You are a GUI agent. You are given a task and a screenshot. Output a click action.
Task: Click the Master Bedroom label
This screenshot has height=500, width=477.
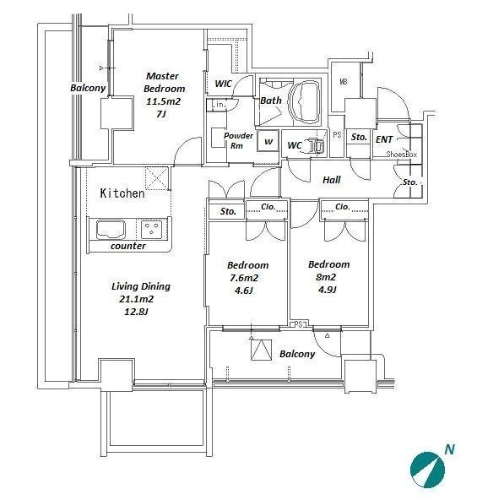pos(164,82)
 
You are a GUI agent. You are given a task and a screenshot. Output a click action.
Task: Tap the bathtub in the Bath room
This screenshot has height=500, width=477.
pos(305,101)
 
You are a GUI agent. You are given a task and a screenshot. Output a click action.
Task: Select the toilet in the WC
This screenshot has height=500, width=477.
pos(317,145)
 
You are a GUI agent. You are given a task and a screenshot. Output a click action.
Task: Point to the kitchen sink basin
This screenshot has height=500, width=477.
pos(111,229)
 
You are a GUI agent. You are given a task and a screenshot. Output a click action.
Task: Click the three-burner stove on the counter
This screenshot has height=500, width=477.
pos(151,229)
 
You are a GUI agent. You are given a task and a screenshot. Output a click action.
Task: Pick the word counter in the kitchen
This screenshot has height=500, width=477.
pos(128,246)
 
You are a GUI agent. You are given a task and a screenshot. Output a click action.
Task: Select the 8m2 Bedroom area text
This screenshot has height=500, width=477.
pos(326,277)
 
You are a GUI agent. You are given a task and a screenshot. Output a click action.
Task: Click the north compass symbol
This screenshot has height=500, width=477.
pos(427,470)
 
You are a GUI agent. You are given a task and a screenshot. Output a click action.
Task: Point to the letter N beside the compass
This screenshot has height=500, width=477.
pos(450,449)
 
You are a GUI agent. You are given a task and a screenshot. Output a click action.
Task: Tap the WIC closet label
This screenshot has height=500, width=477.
pos(224,84)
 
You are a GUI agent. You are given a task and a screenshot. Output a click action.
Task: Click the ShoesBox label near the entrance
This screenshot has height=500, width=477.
pos(401,155)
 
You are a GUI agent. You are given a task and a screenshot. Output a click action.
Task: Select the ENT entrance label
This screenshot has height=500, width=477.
pos(384,139)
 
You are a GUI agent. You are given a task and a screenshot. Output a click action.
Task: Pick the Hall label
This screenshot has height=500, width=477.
pos(332,180)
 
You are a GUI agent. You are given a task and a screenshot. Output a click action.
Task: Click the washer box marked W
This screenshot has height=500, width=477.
pos(268,141)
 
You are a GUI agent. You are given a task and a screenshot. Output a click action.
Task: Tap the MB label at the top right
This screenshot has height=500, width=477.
pos(344,82)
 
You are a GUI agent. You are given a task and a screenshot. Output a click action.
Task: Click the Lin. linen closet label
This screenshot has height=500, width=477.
pos(219,104)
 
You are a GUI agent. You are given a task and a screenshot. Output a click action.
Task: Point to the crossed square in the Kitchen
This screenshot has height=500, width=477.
pos(156,178)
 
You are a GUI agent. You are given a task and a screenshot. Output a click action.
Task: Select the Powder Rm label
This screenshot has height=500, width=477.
pos(238,140)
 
